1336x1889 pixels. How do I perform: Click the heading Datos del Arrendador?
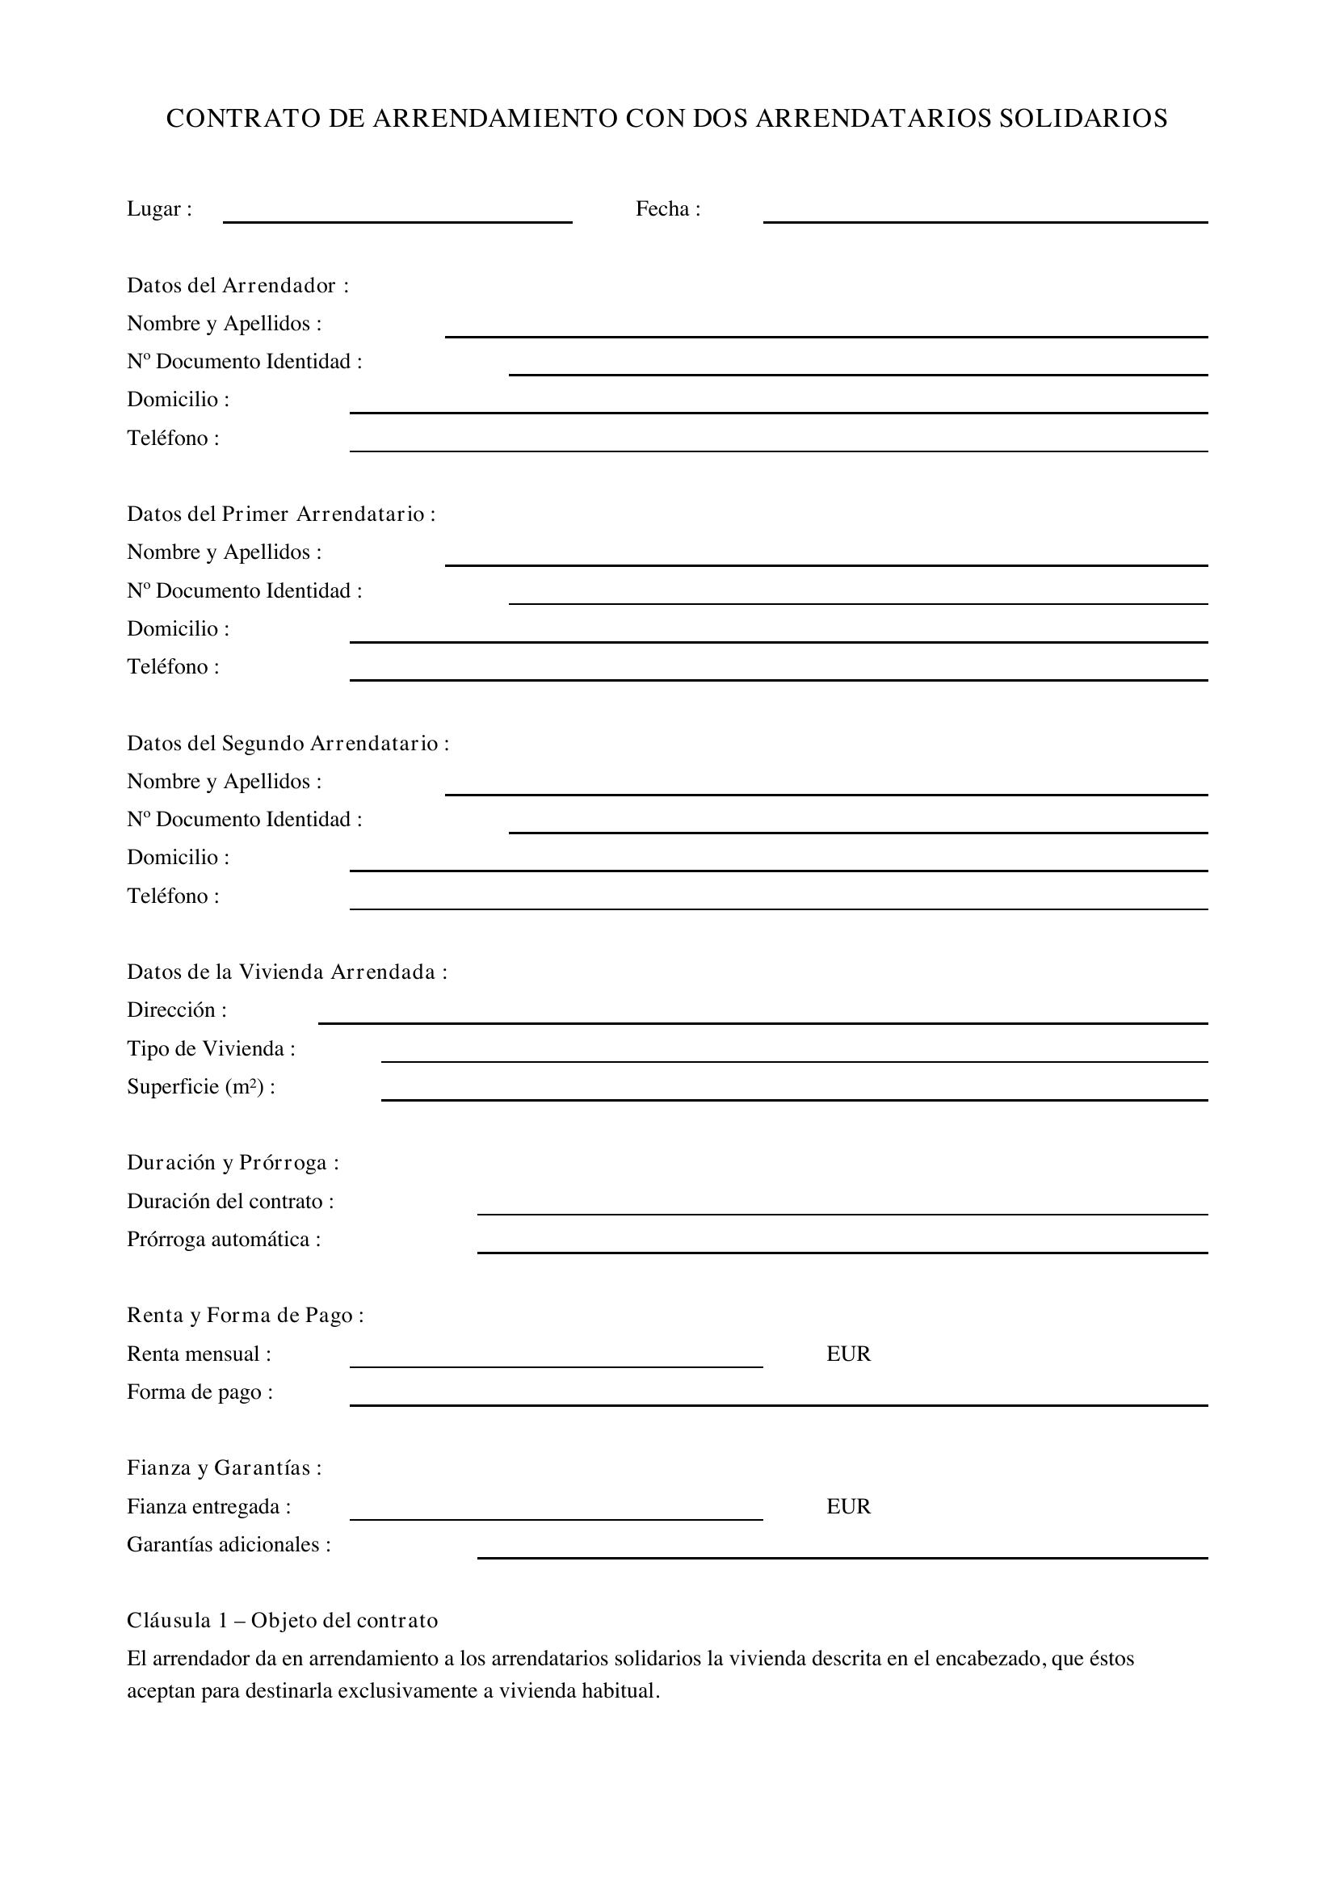237,285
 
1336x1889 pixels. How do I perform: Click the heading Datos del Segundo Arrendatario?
288,743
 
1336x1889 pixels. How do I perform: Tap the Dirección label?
177,1010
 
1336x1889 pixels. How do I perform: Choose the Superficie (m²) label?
201,1086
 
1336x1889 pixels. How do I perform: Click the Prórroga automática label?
224,1239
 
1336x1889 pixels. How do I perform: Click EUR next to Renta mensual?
848,1354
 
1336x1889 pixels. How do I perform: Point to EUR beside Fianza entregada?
848,1505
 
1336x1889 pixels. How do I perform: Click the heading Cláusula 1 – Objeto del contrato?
282,1620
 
